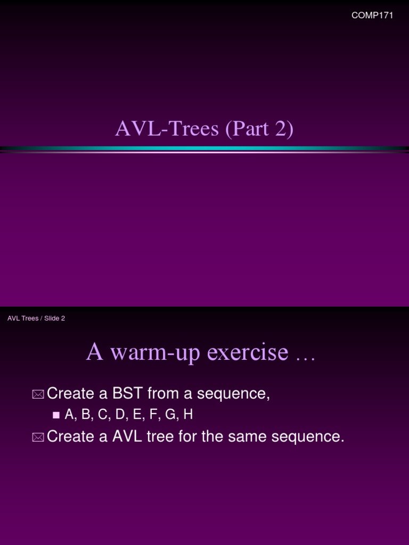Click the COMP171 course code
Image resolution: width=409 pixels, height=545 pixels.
coord(372,15)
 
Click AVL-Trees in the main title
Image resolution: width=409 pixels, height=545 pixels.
coord(167,129)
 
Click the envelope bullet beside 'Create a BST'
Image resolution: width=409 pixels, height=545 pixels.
coord(38,394)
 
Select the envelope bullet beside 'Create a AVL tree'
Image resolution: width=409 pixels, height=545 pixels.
coord(38,437)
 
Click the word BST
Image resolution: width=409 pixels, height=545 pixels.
coord(128,394)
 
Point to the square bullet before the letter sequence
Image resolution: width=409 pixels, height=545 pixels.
coord(56,416)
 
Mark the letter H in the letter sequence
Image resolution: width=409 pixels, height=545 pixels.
coord(187,415)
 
